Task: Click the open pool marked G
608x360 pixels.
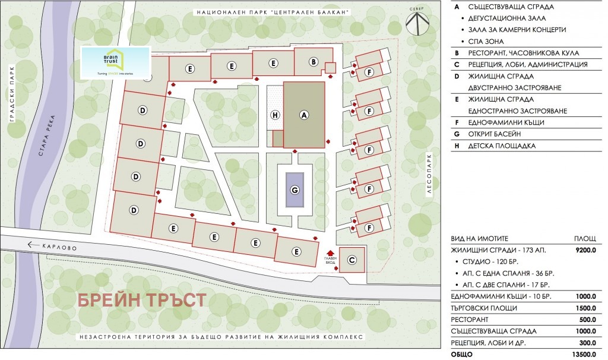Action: [x=294, y=190]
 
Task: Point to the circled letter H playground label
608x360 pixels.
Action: [x=274, y=115]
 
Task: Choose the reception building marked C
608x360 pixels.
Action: [x=351, y=260]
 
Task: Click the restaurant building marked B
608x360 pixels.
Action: [x=313, y=61]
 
